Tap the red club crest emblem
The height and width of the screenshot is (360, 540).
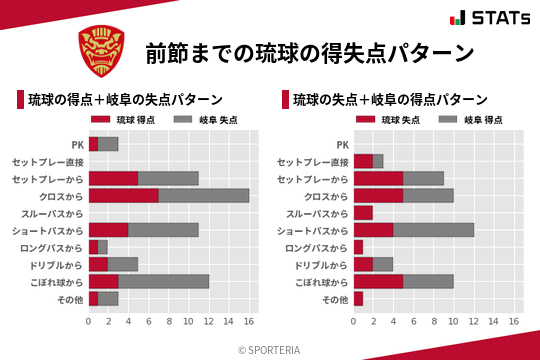point(102,51)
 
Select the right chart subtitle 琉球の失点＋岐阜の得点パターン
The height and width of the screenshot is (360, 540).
point(389,99)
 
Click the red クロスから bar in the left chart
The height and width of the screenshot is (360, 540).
point(123,195)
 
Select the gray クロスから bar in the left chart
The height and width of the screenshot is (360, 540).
point(204,195)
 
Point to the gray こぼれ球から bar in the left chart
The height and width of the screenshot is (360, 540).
point(164,281)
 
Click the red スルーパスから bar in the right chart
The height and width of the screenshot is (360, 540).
point(363,212)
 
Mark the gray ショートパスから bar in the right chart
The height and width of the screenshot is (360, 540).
point(434,230)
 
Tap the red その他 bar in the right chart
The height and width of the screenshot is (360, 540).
point(358,298)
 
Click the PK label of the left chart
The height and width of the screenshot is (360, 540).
point(77,144)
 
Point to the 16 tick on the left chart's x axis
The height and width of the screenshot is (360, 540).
point(250,322)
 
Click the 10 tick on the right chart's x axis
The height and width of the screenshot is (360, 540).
point(454,322)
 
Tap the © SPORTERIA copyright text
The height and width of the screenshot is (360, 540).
point(270,350)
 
